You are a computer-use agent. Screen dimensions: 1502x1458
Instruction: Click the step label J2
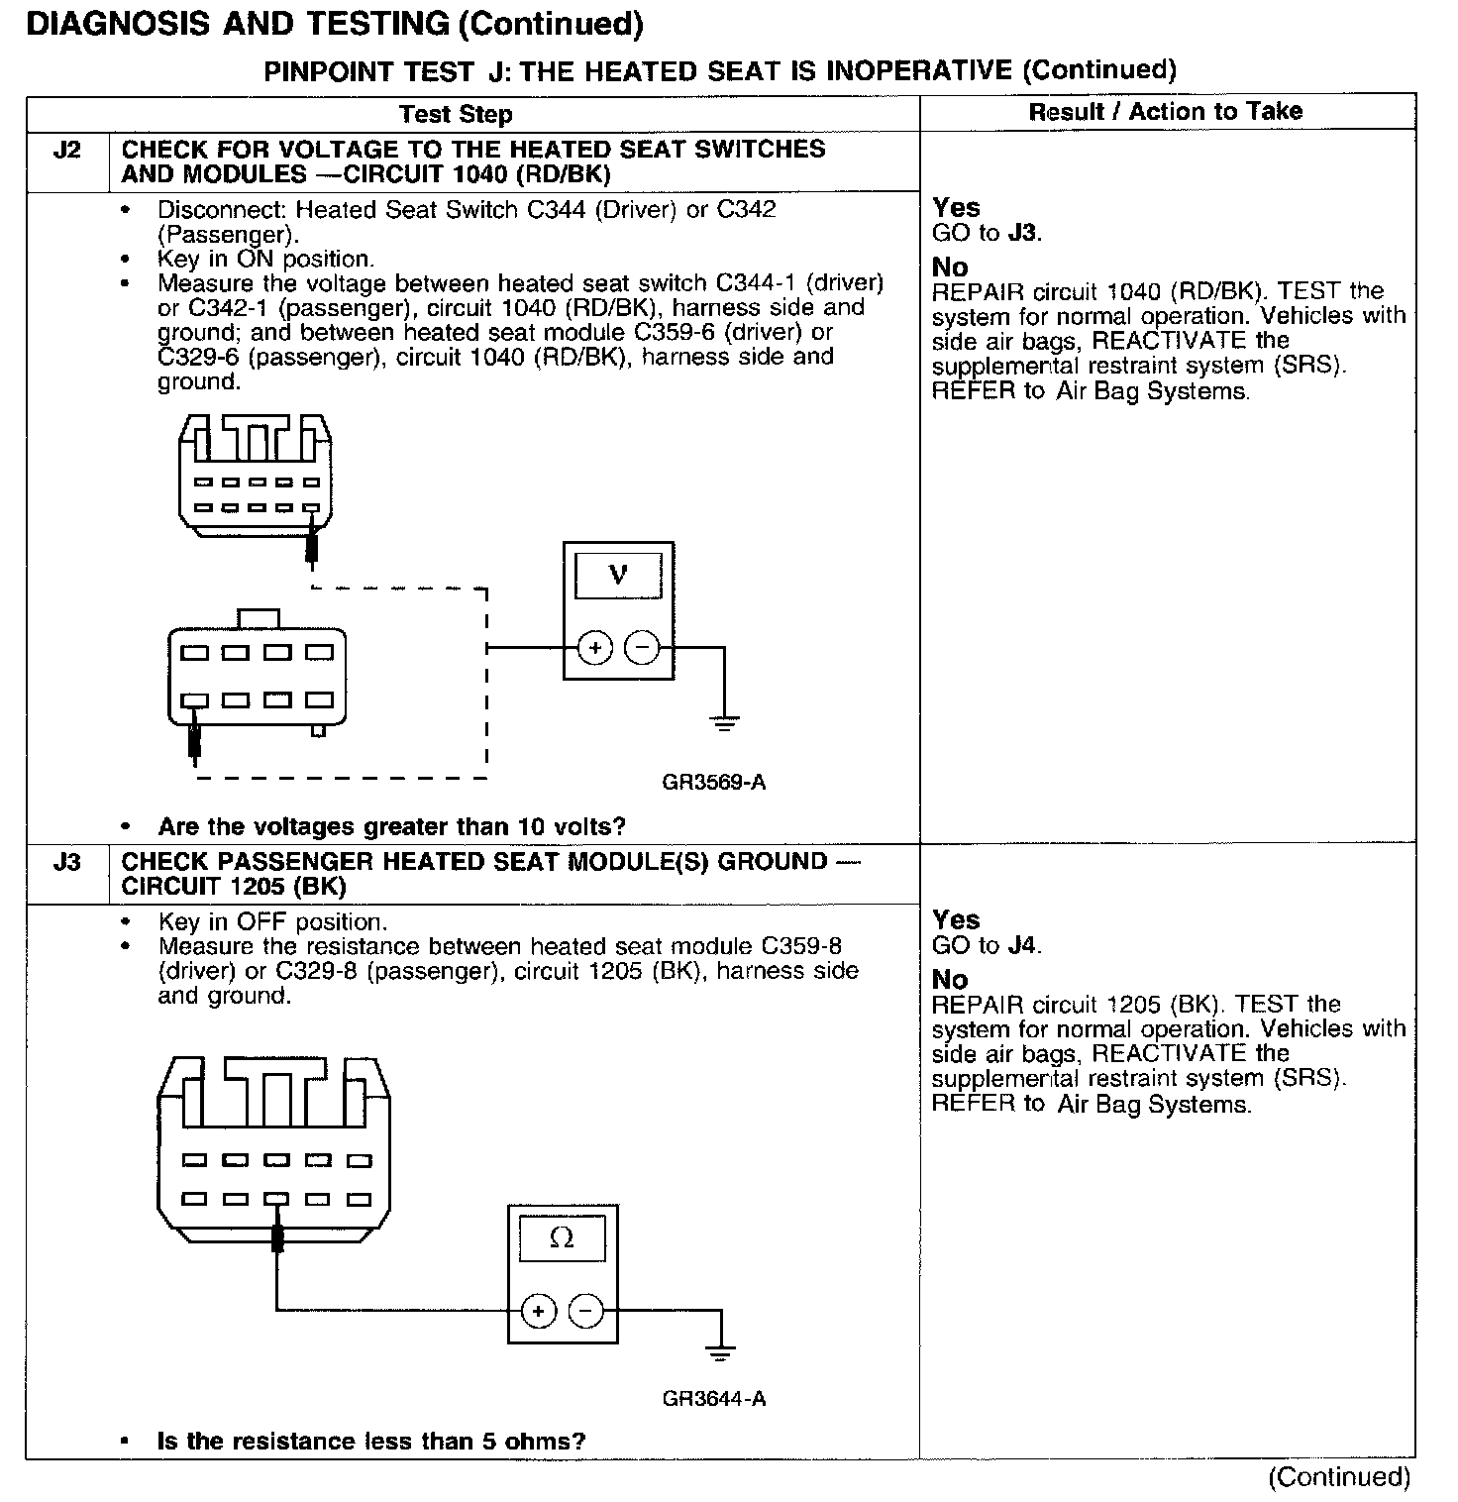point(66,151)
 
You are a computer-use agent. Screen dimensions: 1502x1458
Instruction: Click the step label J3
point(66,862)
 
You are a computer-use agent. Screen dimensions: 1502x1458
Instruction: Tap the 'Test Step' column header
point(456,114)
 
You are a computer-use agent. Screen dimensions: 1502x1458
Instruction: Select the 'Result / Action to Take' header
point(1166,112)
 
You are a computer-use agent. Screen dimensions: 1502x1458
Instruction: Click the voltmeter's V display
point(618,574)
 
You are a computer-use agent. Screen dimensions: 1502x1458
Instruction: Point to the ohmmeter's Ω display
point(562,1238)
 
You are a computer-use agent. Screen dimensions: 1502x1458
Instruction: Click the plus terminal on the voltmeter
point(594,649)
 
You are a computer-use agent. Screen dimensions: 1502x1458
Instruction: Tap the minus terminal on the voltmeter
point(642,649)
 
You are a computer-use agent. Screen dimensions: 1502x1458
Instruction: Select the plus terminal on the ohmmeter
point(538,1312)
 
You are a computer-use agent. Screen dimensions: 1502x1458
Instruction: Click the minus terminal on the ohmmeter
point(585,1312)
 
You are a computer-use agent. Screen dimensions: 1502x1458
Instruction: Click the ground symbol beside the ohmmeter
point(720,1352)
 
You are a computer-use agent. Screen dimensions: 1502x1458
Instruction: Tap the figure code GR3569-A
point(713,783)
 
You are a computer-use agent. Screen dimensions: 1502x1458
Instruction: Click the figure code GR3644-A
point(713,1399)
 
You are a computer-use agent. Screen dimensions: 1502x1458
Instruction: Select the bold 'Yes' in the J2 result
point(956,208)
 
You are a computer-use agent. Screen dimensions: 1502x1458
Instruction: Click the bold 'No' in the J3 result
point(950,980)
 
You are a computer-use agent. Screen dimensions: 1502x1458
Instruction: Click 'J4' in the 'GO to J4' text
point(1022,945)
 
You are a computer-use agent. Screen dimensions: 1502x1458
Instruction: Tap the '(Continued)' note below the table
point(1339,1477)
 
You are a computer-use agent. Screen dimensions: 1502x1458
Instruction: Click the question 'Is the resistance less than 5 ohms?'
point(371,1441)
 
